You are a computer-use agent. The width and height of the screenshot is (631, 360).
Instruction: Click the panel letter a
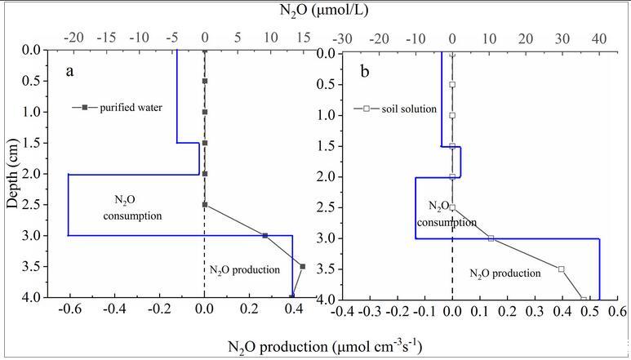pos(71,71)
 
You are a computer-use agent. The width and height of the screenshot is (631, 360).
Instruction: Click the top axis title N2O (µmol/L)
pos(315,11)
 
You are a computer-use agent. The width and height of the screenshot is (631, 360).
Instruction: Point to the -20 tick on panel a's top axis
pos(73,38)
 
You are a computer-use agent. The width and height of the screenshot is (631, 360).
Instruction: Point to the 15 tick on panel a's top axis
pos(303,38)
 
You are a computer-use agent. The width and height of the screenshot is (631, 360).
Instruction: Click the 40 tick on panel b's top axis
pos(598,38)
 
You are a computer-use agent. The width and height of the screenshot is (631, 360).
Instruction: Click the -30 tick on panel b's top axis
pos(343,38)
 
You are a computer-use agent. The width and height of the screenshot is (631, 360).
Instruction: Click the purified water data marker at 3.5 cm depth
pos(302,266)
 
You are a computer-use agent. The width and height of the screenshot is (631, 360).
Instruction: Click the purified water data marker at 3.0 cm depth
pos(264,236)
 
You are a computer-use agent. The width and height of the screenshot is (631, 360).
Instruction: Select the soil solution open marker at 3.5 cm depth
pos(561,269)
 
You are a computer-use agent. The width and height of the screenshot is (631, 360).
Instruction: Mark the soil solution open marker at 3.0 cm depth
pos(491,238)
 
